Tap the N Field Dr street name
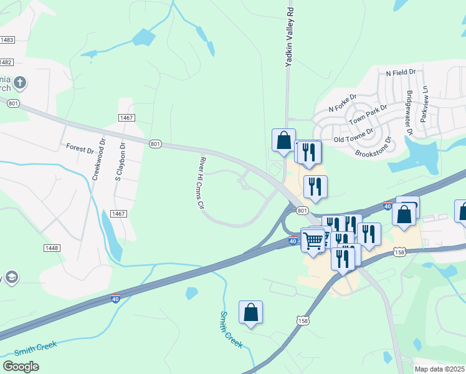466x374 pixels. (x=401, y=73)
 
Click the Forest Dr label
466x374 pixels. (x=80, y=148)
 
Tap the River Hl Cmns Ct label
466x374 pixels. (x=201, y=182)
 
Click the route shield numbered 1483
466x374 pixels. (x=7, y=40)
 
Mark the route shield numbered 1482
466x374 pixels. (x=6, y=62)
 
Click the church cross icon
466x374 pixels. (x=20, y=82)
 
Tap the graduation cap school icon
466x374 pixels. (x=10, y=277)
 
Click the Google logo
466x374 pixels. (x=21, y=367)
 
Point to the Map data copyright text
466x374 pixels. (x=440, y=369)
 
